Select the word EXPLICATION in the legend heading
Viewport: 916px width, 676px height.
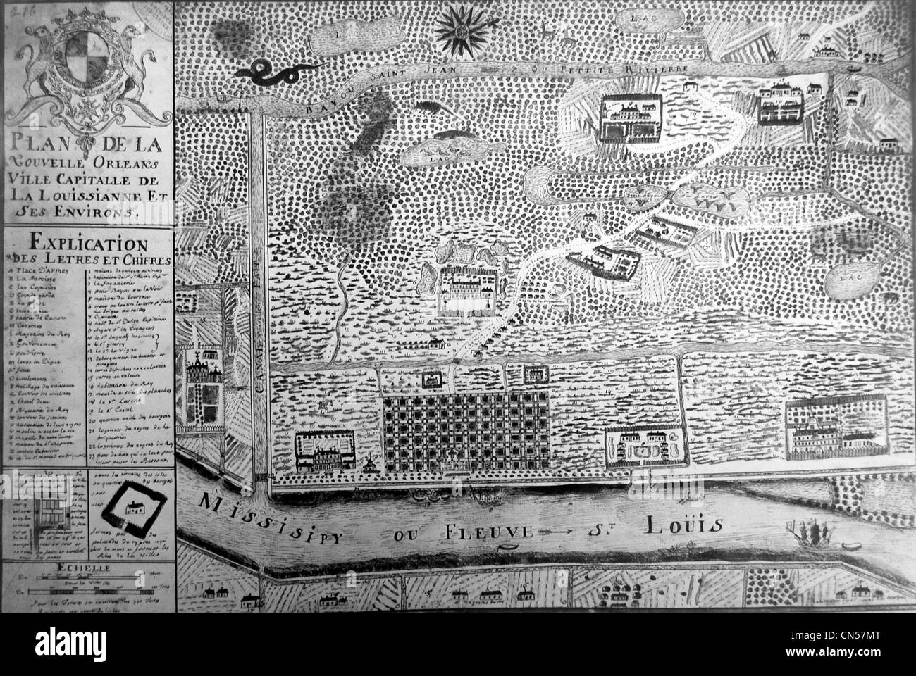(x=88, y=244)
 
